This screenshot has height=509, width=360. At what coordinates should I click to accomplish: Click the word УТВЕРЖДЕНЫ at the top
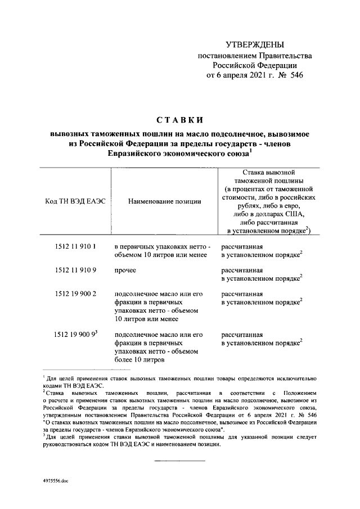pos(254,44)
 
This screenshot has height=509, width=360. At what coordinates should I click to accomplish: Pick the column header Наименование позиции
pos(164,201)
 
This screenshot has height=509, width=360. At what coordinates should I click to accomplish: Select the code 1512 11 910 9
pos(76,270)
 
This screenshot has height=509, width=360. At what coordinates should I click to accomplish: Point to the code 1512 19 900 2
pos(76,294)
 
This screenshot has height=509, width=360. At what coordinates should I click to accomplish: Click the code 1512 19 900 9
pos(75,334)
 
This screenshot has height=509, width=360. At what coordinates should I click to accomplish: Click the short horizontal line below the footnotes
pos(179,461)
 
